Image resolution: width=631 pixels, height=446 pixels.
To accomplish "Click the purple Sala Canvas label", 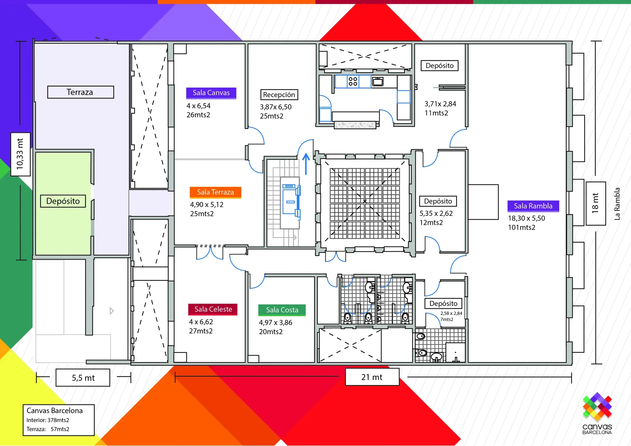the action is (211, 93).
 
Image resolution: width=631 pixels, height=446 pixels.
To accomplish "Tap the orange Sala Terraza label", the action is (215, 192).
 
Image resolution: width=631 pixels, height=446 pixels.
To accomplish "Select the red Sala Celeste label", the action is (213, 309).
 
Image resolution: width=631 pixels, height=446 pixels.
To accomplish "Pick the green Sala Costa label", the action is (282, 310).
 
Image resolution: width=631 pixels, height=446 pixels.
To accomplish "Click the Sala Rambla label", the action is (533, 206).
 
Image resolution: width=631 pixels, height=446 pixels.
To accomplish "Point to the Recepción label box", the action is (279, 95).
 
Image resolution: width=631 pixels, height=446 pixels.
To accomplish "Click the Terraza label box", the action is (80, 92).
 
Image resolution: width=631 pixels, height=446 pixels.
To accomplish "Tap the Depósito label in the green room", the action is (63, 201).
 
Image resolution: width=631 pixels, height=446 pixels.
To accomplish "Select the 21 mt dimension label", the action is (372, 377).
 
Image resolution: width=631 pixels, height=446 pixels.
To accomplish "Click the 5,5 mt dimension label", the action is (83, 378).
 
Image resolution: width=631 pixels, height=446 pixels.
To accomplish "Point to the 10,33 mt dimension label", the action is (21, 154).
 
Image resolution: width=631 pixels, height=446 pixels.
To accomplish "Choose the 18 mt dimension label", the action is (596, 203).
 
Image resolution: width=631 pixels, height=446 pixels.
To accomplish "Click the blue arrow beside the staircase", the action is (306, 164).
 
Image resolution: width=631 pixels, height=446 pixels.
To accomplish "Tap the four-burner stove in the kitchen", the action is (353, 81).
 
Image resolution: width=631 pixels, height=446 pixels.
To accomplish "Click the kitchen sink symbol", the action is (378, 81).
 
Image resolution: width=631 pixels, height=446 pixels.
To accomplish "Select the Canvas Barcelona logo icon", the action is (597, 407).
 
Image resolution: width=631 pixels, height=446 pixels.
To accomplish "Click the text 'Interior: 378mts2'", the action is (48, 420).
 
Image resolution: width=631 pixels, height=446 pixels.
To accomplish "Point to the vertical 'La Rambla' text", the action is (617, 204).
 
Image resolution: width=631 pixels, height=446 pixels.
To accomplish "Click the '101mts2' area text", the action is (522, 227).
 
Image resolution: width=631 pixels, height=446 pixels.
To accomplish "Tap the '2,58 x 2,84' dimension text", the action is (451, 313).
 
